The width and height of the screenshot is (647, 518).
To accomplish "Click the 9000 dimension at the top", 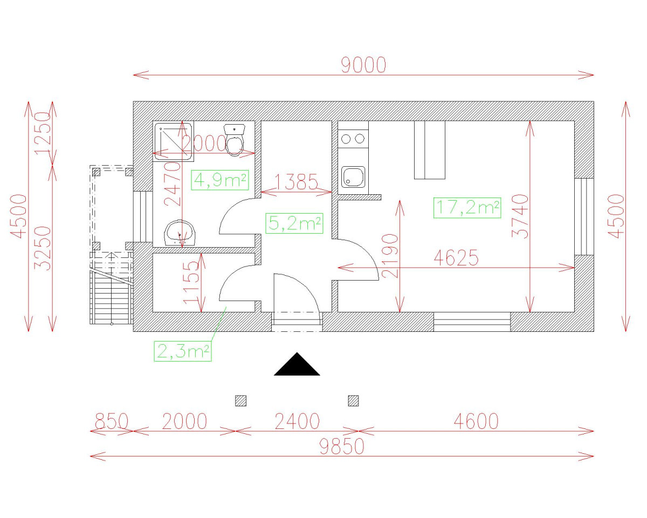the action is [363, 65].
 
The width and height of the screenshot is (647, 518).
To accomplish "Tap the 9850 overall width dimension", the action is [342, 446].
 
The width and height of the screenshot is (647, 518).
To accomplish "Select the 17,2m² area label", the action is [467, 208].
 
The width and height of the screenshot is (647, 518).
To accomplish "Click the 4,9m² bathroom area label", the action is [220, 180].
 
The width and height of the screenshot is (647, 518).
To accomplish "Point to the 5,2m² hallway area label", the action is [294, 223].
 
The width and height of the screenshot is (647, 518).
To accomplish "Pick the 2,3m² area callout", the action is [182, 351].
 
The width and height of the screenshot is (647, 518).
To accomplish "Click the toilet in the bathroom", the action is [235, 140].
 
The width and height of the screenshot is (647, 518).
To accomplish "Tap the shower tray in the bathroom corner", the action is [173, 141].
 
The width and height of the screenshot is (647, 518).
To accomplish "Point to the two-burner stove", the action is [353, 139].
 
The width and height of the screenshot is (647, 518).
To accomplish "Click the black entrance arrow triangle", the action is [297, 364].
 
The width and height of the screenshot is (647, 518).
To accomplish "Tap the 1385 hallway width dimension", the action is [296, 182].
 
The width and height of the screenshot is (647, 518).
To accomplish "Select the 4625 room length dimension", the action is [456, 258].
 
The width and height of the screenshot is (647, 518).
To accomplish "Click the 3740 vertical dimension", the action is [520, 216].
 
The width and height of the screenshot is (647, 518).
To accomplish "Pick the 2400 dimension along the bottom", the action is [297, 421].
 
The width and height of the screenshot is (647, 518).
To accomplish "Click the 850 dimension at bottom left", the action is [112, 421].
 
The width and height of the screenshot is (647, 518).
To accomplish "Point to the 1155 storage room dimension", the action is [191, 282].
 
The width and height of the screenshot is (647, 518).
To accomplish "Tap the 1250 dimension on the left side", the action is [43, 133].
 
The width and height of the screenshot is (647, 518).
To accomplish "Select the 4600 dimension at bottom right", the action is [476, 421].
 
